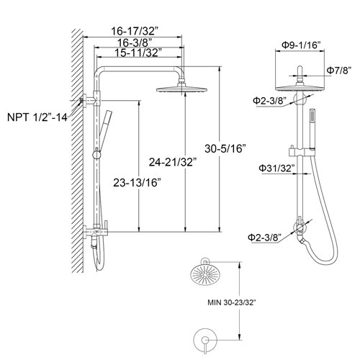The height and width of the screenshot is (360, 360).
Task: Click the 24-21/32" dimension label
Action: coord(177,161)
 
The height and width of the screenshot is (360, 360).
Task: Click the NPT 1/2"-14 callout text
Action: coord(37,116)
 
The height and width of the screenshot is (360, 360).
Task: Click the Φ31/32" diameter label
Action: coord(275,168)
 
